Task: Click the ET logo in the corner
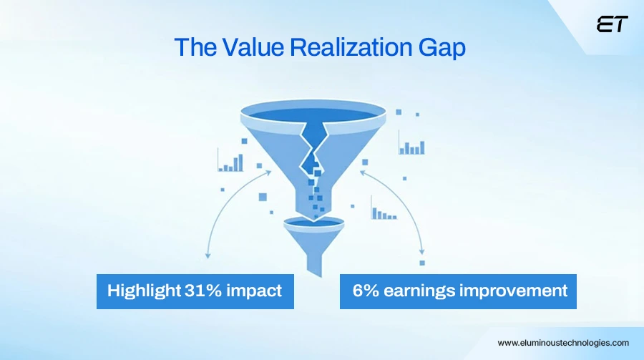pyautogui.click(x=612, y=24)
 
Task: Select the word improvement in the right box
pyautogui.click(x=517, y=291)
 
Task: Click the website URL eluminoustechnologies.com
pyautogui.click(x=563, y=343)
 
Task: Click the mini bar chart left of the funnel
pyautogui.click(x=231, y=163)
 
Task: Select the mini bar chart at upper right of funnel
pyautogui.click(x=412, y=146)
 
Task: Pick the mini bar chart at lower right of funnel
pyautogui.click(x=384, y=213)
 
